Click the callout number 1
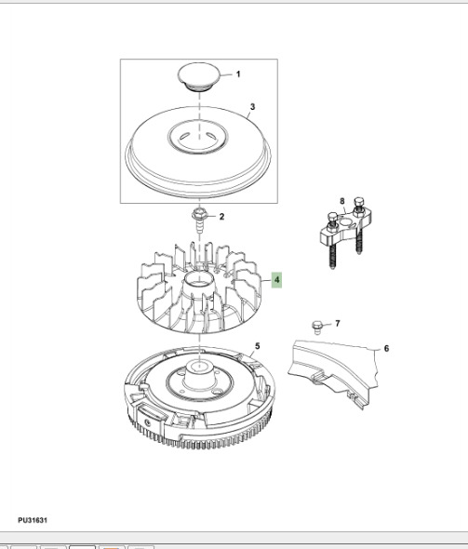coord(236,74)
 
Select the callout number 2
coord(221,217)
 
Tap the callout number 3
coord(251,108)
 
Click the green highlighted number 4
coord(276,279)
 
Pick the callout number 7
coord(337,324)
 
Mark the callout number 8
coord(341,202)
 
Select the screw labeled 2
coord(199,221)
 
